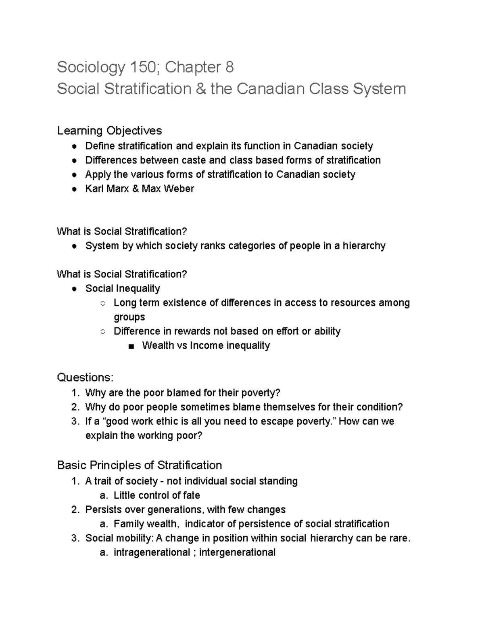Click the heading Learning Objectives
click(109, 130)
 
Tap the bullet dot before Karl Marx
click(74, 189)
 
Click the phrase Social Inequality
click(123, 288)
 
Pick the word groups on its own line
click(129, 317)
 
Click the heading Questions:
click(85, 377)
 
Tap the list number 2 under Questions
click(74, 407)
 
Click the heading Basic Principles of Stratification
click(140, 465)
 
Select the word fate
click(191, 495)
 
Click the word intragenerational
click(152, 552)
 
